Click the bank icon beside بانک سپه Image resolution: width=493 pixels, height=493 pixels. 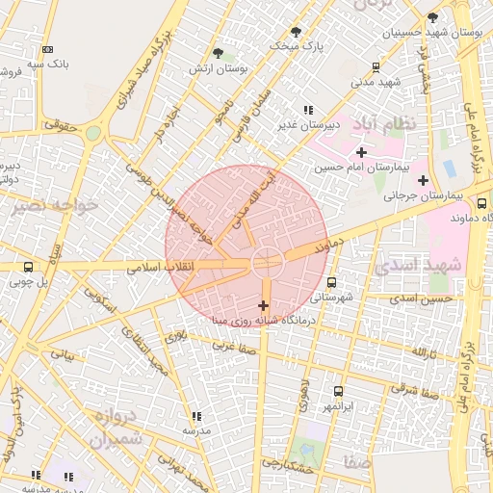pos(47,49)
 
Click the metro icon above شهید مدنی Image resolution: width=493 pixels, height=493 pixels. pos(376,66)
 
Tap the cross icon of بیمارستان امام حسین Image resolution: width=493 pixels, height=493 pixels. pos(361,152)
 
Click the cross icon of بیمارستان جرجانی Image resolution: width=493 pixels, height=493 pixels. pos(423,179)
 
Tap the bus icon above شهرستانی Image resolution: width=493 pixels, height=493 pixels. pos(332,282)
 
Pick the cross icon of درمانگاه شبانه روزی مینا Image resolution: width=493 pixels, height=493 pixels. pos(263,305)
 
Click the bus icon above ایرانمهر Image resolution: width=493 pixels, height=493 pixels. pos(338,391)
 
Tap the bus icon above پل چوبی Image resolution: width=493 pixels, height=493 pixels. pos(27,267)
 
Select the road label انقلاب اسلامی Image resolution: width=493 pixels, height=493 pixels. pos(162,265)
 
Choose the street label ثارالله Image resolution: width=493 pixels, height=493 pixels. pos(425,352)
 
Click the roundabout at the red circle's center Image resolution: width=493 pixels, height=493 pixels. pos(267,261)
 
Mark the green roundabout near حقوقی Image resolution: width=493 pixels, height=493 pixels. pos(93,133)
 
